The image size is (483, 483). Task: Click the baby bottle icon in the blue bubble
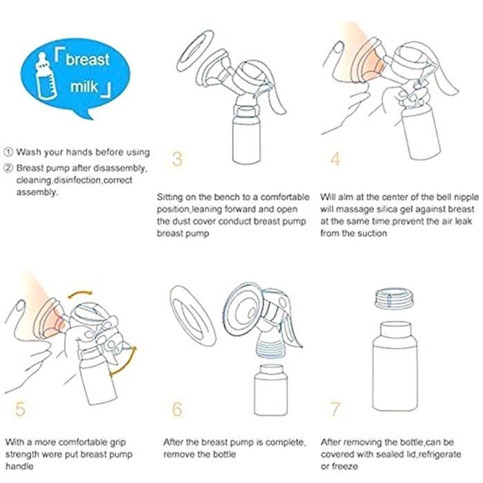coord(46,77)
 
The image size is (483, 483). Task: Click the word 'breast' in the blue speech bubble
coord(88,59)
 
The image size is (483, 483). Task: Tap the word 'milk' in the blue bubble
coord(84,86)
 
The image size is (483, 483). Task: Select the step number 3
coord(177,159)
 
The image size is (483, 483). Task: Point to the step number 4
coord(335,159)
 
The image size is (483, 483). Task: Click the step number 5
coord(20,409)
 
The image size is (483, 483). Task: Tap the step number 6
coord(177,409)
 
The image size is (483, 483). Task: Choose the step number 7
coord(335,409)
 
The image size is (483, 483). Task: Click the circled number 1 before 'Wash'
coord(8,152)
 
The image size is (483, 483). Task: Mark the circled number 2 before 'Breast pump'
coord(8,168)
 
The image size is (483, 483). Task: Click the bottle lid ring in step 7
coord(395,298)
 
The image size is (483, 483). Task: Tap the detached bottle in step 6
coord(270,390)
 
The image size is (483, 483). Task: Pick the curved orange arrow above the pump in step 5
coord(80,293)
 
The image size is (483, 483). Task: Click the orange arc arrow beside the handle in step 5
coord(127,364)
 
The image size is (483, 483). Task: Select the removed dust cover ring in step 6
coord(193,316)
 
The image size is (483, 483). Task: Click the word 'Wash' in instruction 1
coord(26,152)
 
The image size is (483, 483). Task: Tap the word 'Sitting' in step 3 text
coord(170,197)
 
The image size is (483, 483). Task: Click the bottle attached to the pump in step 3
coord(246,135)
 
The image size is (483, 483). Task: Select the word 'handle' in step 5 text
coord(19,466)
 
